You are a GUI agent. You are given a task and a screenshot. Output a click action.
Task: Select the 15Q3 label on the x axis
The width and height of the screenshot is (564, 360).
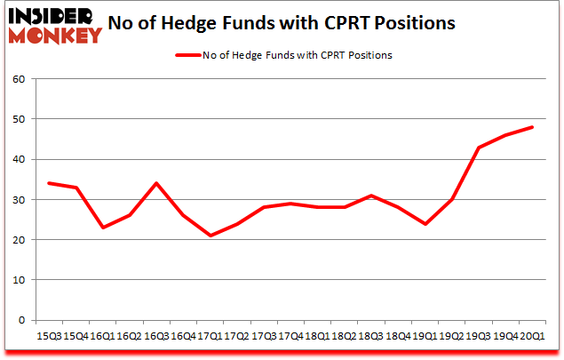tap(48, 337)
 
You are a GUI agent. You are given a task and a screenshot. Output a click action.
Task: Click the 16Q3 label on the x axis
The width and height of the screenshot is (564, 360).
tap(156, 337)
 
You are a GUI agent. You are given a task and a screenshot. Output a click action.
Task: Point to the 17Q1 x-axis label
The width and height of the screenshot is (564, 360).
tap(210, 337)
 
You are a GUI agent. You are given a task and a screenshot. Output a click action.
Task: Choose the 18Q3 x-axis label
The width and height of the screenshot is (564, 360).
tap(371, 337)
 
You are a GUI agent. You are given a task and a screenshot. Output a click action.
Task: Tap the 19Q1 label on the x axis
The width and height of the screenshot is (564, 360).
tap(425, 337)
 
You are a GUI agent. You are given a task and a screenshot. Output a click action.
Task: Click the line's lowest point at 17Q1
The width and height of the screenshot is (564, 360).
tap(210, 236)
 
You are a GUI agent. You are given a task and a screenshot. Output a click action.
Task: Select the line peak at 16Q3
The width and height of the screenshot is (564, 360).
tap(156, 183)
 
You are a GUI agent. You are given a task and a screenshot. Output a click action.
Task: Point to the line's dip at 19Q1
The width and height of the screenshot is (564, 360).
tap(425, 224)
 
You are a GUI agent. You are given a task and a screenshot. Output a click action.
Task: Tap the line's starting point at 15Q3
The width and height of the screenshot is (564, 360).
tap(48, 183)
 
